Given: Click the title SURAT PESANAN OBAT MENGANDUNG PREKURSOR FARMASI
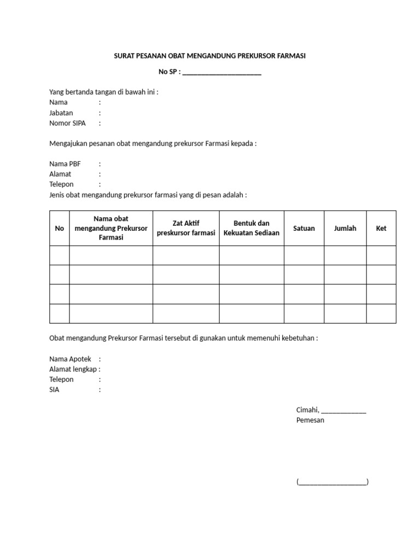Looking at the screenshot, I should pos(210,56).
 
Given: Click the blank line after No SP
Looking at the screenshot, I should pos(221,72).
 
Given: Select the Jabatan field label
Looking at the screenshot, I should pos(61,113).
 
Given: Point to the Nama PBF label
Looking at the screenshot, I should pos(65,164).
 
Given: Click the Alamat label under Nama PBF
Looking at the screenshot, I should pos(60,174).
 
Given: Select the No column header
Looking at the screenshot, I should pos(60,228).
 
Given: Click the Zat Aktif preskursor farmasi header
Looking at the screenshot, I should pos(186,228).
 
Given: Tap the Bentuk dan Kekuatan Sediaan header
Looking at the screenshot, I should pos(252,228).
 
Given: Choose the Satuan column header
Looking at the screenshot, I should pos(304,228).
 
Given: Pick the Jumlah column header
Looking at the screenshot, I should pos(345,228).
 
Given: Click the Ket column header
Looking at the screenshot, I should pos(381,228).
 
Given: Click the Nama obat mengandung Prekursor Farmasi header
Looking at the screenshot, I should pos(111,228).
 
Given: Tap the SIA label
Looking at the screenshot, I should pos(54,390).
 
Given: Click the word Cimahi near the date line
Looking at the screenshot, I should pos(307,410).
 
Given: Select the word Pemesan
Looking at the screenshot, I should pos(310,420).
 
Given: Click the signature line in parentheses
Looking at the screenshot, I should pos(332,482).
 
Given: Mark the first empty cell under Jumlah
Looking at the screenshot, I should pos(345,255).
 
